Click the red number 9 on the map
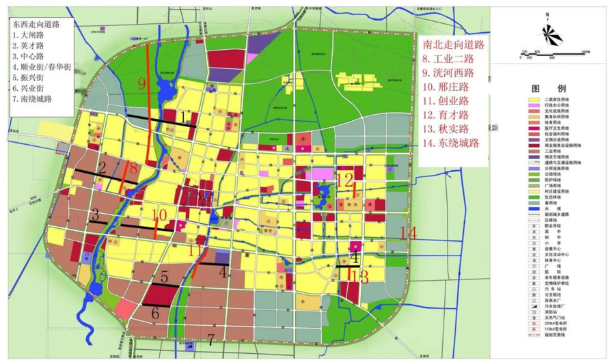tap(142, 84)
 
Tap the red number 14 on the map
tap(408, 233)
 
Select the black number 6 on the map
tap(155, 314)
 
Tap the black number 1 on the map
tap(184, 117)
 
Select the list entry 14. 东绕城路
tap(451, 143)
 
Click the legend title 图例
tap(552, 89)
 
